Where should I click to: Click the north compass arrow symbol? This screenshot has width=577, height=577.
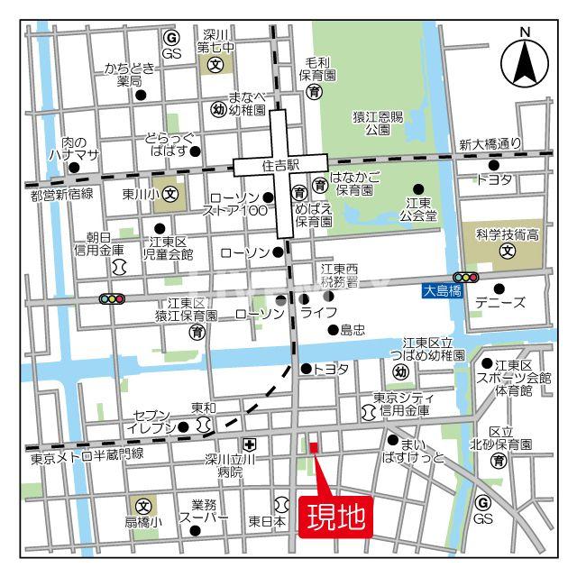pyautogui.click(x=526, y=61)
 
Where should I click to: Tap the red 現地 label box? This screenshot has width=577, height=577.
pyautogui.click(x=336, y=518)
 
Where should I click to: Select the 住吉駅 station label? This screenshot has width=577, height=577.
pyautogui.click(x=280, y=167)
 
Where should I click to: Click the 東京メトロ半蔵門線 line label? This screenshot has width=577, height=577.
pyautogui.click(x=87, y=455)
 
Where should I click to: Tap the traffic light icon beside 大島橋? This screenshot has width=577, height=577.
pyautogui.click(x=466, y=278)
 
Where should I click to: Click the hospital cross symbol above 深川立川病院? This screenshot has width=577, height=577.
pyautogui.click(x=250, y=444)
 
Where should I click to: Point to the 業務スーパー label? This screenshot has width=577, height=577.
pyautogui.click(x=197, y=511)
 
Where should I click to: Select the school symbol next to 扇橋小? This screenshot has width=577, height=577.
pyautogui.click(x=142, y=505)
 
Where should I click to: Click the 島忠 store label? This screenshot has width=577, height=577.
pyautogui.click(x=352, y=331)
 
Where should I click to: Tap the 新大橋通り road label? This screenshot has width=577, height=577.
pyautogui.click(x=490, y=144)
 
